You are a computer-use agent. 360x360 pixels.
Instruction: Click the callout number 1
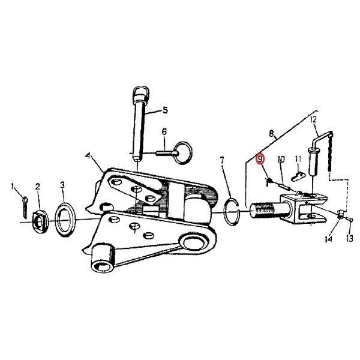pos(13,187)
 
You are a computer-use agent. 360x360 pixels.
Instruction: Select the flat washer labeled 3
pos(65,219)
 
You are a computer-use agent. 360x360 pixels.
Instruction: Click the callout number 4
pos(88,155)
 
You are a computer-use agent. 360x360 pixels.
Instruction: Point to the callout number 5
pos(166,110)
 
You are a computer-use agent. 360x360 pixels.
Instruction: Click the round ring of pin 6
pos(182,152)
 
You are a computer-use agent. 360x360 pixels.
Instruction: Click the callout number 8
pos(271,133)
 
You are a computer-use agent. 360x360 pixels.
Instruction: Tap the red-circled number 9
pos(260,158)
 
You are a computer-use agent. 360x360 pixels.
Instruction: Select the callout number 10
pos(281,160)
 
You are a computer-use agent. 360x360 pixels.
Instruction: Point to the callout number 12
pos(313,119)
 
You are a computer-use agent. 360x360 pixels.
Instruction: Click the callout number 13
pos(349,239)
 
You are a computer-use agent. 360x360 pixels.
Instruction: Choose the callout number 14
pos(329,239)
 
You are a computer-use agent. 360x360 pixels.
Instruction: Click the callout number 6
pos(164,132)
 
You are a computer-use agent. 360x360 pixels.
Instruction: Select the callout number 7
pos(222,161)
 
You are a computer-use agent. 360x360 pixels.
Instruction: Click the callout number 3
pos(62,185)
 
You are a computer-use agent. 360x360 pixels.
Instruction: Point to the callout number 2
pos(37,187)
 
